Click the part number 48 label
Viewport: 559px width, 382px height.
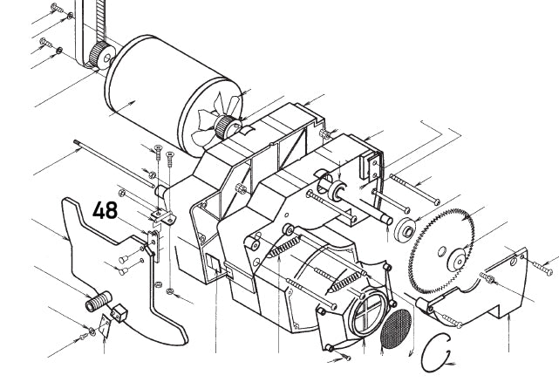point(105,210)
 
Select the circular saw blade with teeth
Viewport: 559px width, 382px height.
point(441,251)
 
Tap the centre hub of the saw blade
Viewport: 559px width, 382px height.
point(457,261)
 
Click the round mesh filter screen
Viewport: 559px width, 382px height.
point(396,329)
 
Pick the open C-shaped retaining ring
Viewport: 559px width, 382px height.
point(424,353)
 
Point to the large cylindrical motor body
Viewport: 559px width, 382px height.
point(167,94)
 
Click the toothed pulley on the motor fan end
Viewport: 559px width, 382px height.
point(225,127)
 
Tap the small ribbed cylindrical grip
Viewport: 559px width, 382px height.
point(99,302)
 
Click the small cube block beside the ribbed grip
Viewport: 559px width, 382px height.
point(119,313)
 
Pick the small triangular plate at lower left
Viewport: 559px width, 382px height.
point(105,326)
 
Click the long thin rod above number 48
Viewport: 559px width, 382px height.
point(114,164)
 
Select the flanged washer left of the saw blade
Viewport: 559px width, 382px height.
point(406,229)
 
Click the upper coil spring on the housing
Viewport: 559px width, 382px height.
point(284,247)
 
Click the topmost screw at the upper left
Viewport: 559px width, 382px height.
point(58,8)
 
